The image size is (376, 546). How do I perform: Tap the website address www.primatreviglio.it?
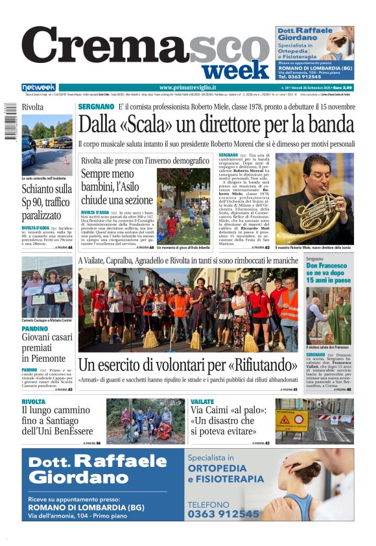point(187,88)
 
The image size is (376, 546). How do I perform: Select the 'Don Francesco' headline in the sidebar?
point(329,273)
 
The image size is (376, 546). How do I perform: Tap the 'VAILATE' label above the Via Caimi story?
point(203,402)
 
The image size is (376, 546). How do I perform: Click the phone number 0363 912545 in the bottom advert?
point(224,514)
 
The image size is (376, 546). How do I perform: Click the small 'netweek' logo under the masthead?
point(38,88)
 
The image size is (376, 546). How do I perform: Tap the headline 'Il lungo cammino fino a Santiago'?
point(57,420)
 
